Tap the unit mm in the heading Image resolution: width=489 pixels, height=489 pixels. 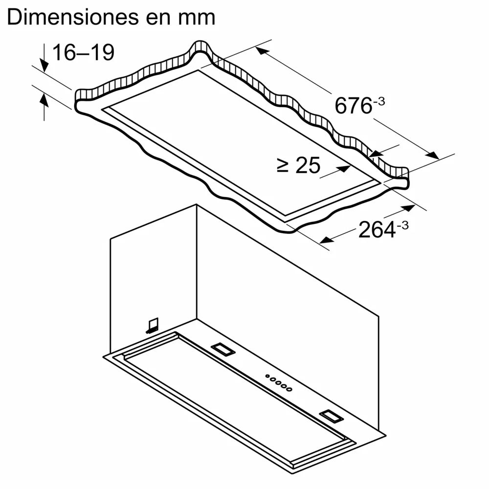click(x=198, y=19)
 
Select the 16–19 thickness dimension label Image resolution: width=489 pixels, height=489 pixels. click(x=83, y=52)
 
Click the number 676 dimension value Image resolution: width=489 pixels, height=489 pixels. click(x=353, y=106)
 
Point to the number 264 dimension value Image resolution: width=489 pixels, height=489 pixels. click(x=377, y=230)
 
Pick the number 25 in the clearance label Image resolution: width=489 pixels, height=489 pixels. click(x=307, y=166)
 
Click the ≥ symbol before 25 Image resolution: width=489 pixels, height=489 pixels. click(x=283, y=166)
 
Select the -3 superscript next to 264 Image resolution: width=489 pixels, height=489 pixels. click(x=402, y=226)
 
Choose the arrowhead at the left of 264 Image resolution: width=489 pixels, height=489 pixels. click(x=326, y=240)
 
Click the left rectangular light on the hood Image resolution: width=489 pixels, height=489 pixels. click(x=222, y=349)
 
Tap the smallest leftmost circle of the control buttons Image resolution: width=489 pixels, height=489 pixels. click(x=267, y=376)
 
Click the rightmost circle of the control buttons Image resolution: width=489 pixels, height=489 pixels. click(x=289, y=390)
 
